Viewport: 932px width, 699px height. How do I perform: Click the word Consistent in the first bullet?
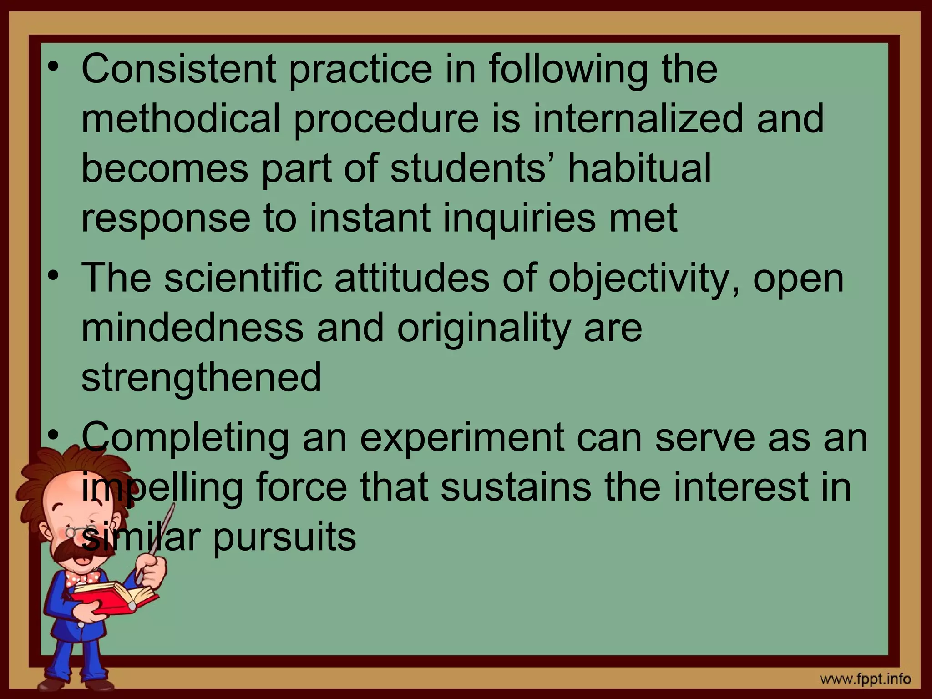click(178, 69)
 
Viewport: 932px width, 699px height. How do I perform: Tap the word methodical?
click(181, 118)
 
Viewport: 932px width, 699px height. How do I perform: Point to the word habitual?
click(639, 168)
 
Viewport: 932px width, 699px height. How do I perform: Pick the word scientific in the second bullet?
click(243, 278)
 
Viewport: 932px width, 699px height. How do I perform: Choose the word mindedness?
click(192, 328)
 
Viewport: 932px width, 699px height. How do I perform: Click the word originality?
click(484, 329)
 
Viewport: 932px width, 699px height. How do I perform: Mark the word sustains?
click(516, 487)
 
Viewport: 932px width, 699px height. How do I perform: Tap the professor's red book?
click(116, 597)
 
